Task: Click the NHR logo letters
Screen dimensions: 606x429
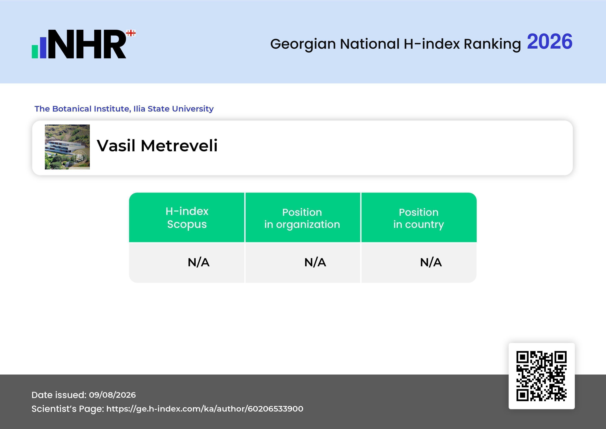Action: (x=87, y=44)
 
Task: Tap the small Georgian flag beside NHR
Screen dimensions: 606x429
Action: (x=131, y=33)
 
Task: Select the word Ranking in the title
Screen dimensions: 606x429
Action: (x=492, y=44)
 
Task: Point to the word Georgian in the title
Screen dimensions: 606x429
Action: (x=303, y=44)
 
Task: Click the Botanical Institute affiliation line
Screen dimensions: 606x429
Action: (x=124, y=109)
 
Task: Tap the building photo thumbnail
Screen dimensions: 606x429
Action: (x=67, y=147)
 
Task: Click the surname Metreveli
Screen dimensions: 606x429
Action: (x=179, y=146)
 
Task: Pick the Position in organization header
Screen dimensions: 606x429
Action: (x=302, y=218)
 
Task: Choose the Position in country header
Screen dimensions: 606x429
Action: (x=419, y=218)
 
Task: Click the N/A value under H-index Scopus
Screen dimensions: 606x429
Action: (x=198, y=262)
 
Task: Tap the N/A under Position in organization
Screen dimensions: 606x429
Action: (x=315, y=262)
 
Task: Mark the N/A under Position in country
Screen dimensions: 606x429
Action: (x=431, y=262)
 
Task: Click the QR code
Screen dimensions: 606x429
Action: (x=542, y=376)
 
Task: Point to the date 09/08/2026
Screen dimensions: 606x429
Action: (x=112, y=395)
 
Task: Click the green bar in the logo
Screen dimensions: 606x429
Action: (x=35, y=52)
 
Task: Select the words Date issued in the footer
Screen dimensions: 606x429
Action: (x=59, y=395)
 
